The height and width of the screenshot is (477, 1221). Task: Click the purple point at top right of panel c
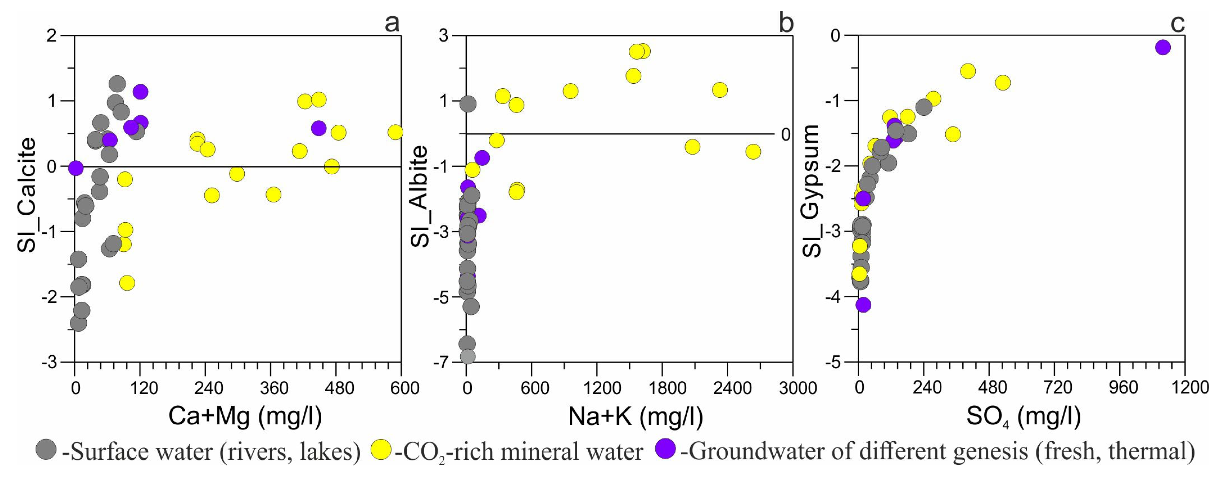(1163, 47)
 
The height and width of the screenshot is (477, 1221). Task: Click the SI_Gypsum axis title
(811, 191)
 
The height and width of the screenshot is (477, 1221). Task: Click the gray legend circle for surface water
(46, 449)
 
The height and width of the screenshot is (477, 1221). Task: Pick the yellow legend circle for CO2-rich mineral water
(381, 449)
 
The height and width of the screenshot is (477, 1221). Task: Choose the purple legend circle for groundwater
(665, 449)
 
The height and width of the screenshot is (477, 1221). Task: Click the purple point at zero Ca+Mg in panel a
(75, 168)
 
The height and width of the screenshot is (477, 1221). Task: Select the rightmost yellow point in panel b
(753, 152)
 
